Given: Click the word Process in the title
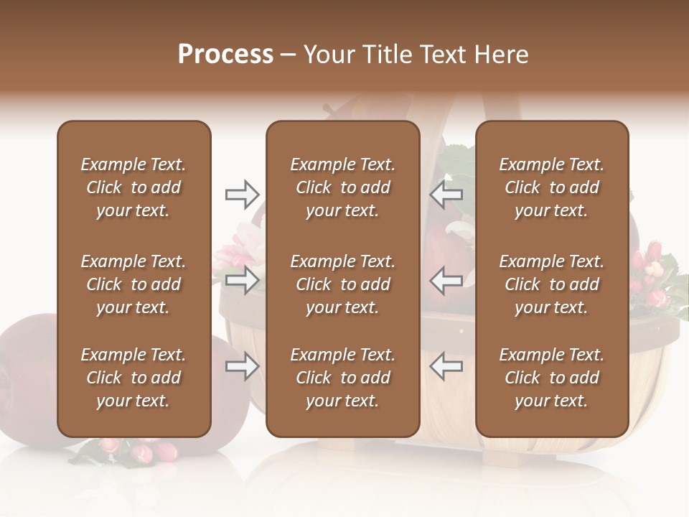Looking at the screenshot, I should (x=225, y=55).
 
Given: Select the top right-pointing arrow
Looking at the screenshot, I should (x=242, y=195).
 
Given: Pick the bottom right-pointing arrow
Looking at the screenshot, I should (x=242, y=366).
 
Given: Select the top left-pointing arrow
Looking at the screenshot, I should (x=446, y=195).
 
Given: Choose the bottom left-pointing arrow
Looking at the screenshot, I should (x=446, y=366).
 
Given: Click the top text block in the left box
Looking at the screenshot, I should (x=133, y=187).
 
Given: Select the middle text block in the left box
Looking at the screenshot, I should (x=133, y=284).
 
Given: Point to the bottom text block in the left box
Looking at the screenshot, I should (x=133, y=378).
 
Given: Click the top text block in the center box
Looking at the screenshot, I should (x=342, y=187).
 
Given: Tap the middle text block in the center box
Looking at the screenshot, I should (x=342, y=284).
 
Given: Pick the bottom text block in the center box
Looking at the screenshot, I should (x=342, y=378).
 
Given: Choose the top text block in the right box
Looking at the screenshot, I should (x=551, y=187).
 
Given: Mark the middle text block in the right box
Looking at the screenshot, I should (x=551, y=284).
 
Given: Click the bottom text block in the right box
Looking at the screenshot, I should (x=551, y=378).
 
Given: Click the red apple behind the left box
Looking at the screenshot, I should (x=29, y=373).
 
